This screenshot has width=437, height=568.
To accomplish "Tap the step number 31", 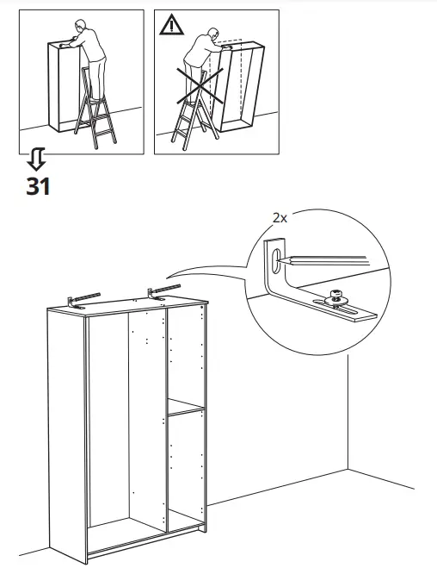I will (38, 186).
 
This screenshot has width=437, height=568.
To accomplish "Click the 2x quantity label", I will (279, 219).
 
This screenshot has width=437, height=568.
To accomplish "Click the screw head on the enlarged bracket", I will (336, 297).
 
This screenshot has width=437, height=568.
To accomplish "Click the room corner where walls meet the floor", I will (347, 469).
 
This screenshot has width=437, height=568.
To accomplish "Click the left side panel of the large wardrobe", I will (67, 431).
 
